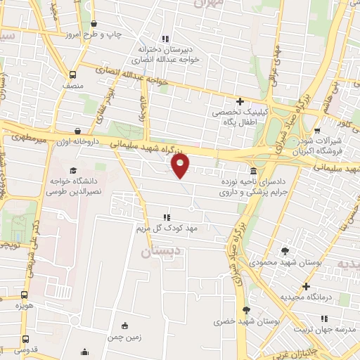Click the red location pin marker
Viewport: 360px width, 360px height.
pyautogui.click(x=181, y=166)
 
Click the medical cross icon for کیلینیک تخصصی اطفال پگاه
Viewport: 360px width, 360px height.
pyautogui.click(x=240, y=101)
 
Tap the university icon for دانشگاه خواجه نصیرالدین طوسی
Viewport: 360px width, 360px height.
pyautogui.click(x=73, y=170)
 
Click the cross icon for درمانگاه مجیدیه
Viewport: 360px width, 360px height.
pyautogui.click(x=305, y=286)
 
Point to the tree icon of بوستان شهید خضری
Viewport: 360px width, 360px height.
pyautogui.click(x=245, y=310)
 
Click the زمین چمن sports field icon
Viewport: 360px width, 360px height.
pyautogui.click(x=125, y=325)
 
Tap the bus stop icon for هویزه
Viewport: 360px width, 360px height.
pyautogui.click(x=25, y=296)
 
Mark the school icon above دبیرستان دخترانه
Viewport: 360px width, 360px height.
pyautogui.click(x=165, y=39)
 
